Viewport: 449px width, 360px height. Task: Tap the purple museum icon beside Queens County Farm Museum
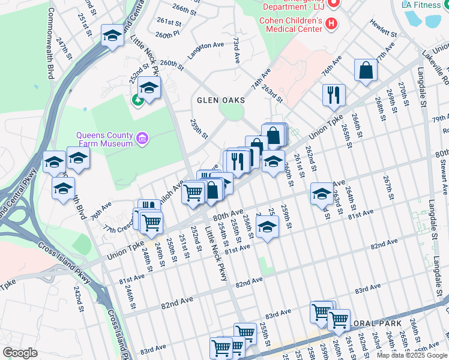click(142, 139)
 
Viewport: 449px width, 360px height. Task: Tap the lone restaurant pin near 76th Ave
click(333, 95)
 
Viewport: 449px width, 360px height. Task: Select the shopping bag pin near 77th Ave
click(366, 70)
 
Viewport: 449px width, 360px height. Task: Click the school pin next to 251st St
click(112, 36)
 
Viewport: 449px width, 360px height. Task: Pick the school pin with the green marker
click(148, 88)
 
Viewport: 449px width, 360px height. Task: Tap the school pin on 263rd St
click(322, 194)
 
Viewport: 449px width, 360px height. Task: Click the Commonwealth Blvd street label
click(50, 42)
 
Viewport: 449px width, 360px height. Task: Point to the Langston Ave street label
click(205, 46)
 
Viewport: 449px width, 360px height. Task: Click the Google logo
click(20, 353)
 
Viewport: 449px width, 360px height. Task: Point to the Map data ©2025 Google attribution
click(411, 355)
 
